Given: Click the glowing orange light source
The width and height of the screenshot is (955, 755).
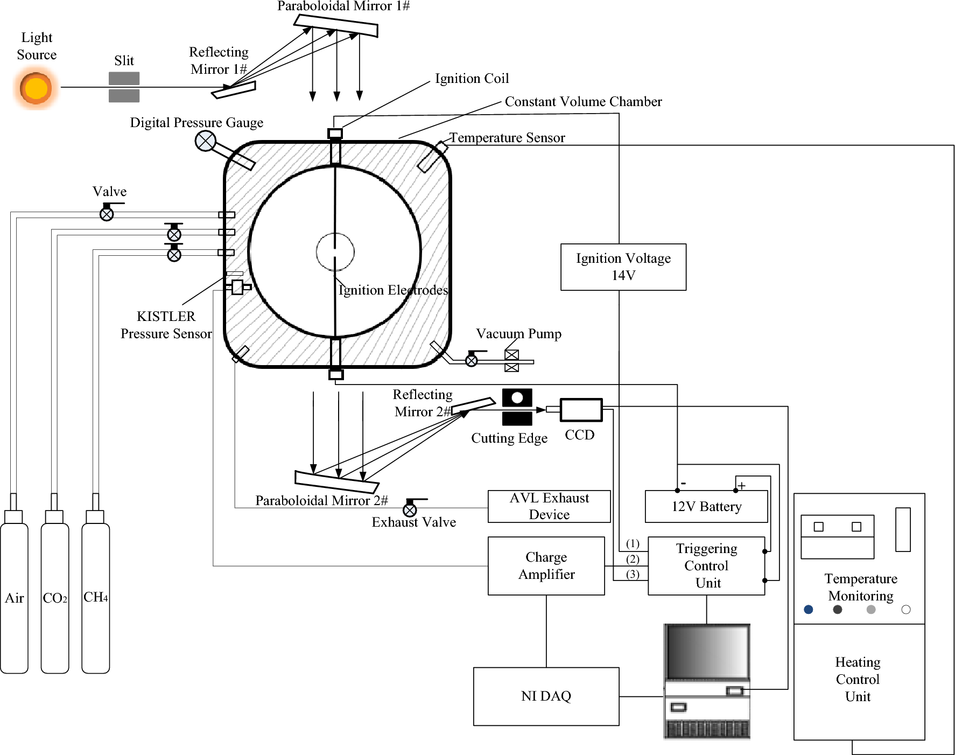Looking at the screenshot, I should point(36,89).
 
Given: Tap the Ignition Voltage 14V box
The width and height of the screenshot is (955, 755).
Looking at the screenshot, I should point(623,267).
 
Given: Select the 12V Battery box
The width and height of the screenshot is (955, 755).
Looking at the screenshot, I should point(706,506).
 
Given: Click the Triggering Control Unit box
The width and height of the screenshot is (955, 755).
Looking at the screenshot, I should point(706,565).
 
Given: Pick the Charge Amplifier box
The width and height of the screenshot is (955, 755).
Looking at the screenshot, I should point(546,565).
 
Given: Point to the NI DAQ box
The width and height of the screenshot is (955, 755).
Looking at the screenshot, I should point(546,696).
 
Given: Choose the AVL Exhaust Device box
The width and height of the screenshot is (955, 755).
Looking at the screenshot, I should point(549,506).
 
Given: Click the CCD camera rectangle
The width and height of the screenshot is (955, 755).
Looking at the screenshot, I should point(581,410).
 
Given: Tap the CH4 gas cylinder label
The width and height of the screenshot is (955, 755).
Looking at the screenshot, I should point(95,597).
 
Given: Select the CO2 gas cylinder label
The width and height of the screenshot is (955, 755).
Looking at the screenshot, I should point(55,598).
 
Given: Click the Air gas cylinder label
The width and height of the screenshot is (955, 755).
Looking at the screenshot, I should point(15,598).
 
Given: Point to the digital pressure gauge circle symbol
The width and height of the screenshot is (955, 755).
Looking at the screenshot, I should point(205,141).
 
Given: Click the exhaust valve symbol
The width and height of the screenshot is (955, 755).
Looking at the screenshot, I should point(410,509).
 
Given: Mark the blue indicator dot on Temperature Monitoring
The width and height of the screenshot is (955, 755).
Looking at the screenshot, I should point(808,610).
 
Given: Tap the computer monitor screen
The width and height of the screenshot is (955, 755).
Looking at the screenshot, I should point(707,652).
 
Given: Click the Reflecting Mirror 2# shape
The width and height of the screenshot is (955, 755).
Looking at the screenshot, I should point(473,406).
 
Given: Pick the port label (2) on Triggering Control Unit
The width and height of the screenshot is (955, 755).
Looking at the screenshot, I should point(633,559).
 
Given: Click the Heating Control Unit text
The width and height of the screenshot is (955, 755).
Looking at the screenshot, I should point(858,679).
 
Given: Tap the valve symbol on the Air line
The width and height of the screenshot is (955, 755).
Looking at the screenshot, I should point(107,214).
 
